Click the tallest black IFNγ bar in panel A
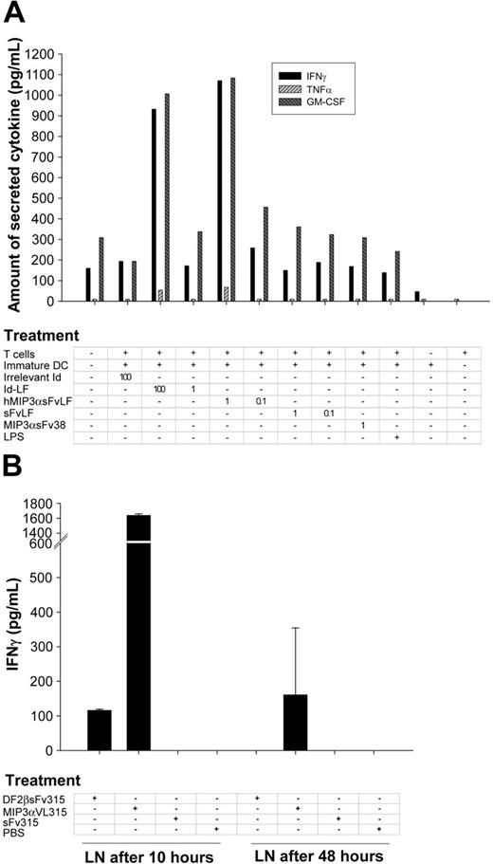click(x=220, y=190)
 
